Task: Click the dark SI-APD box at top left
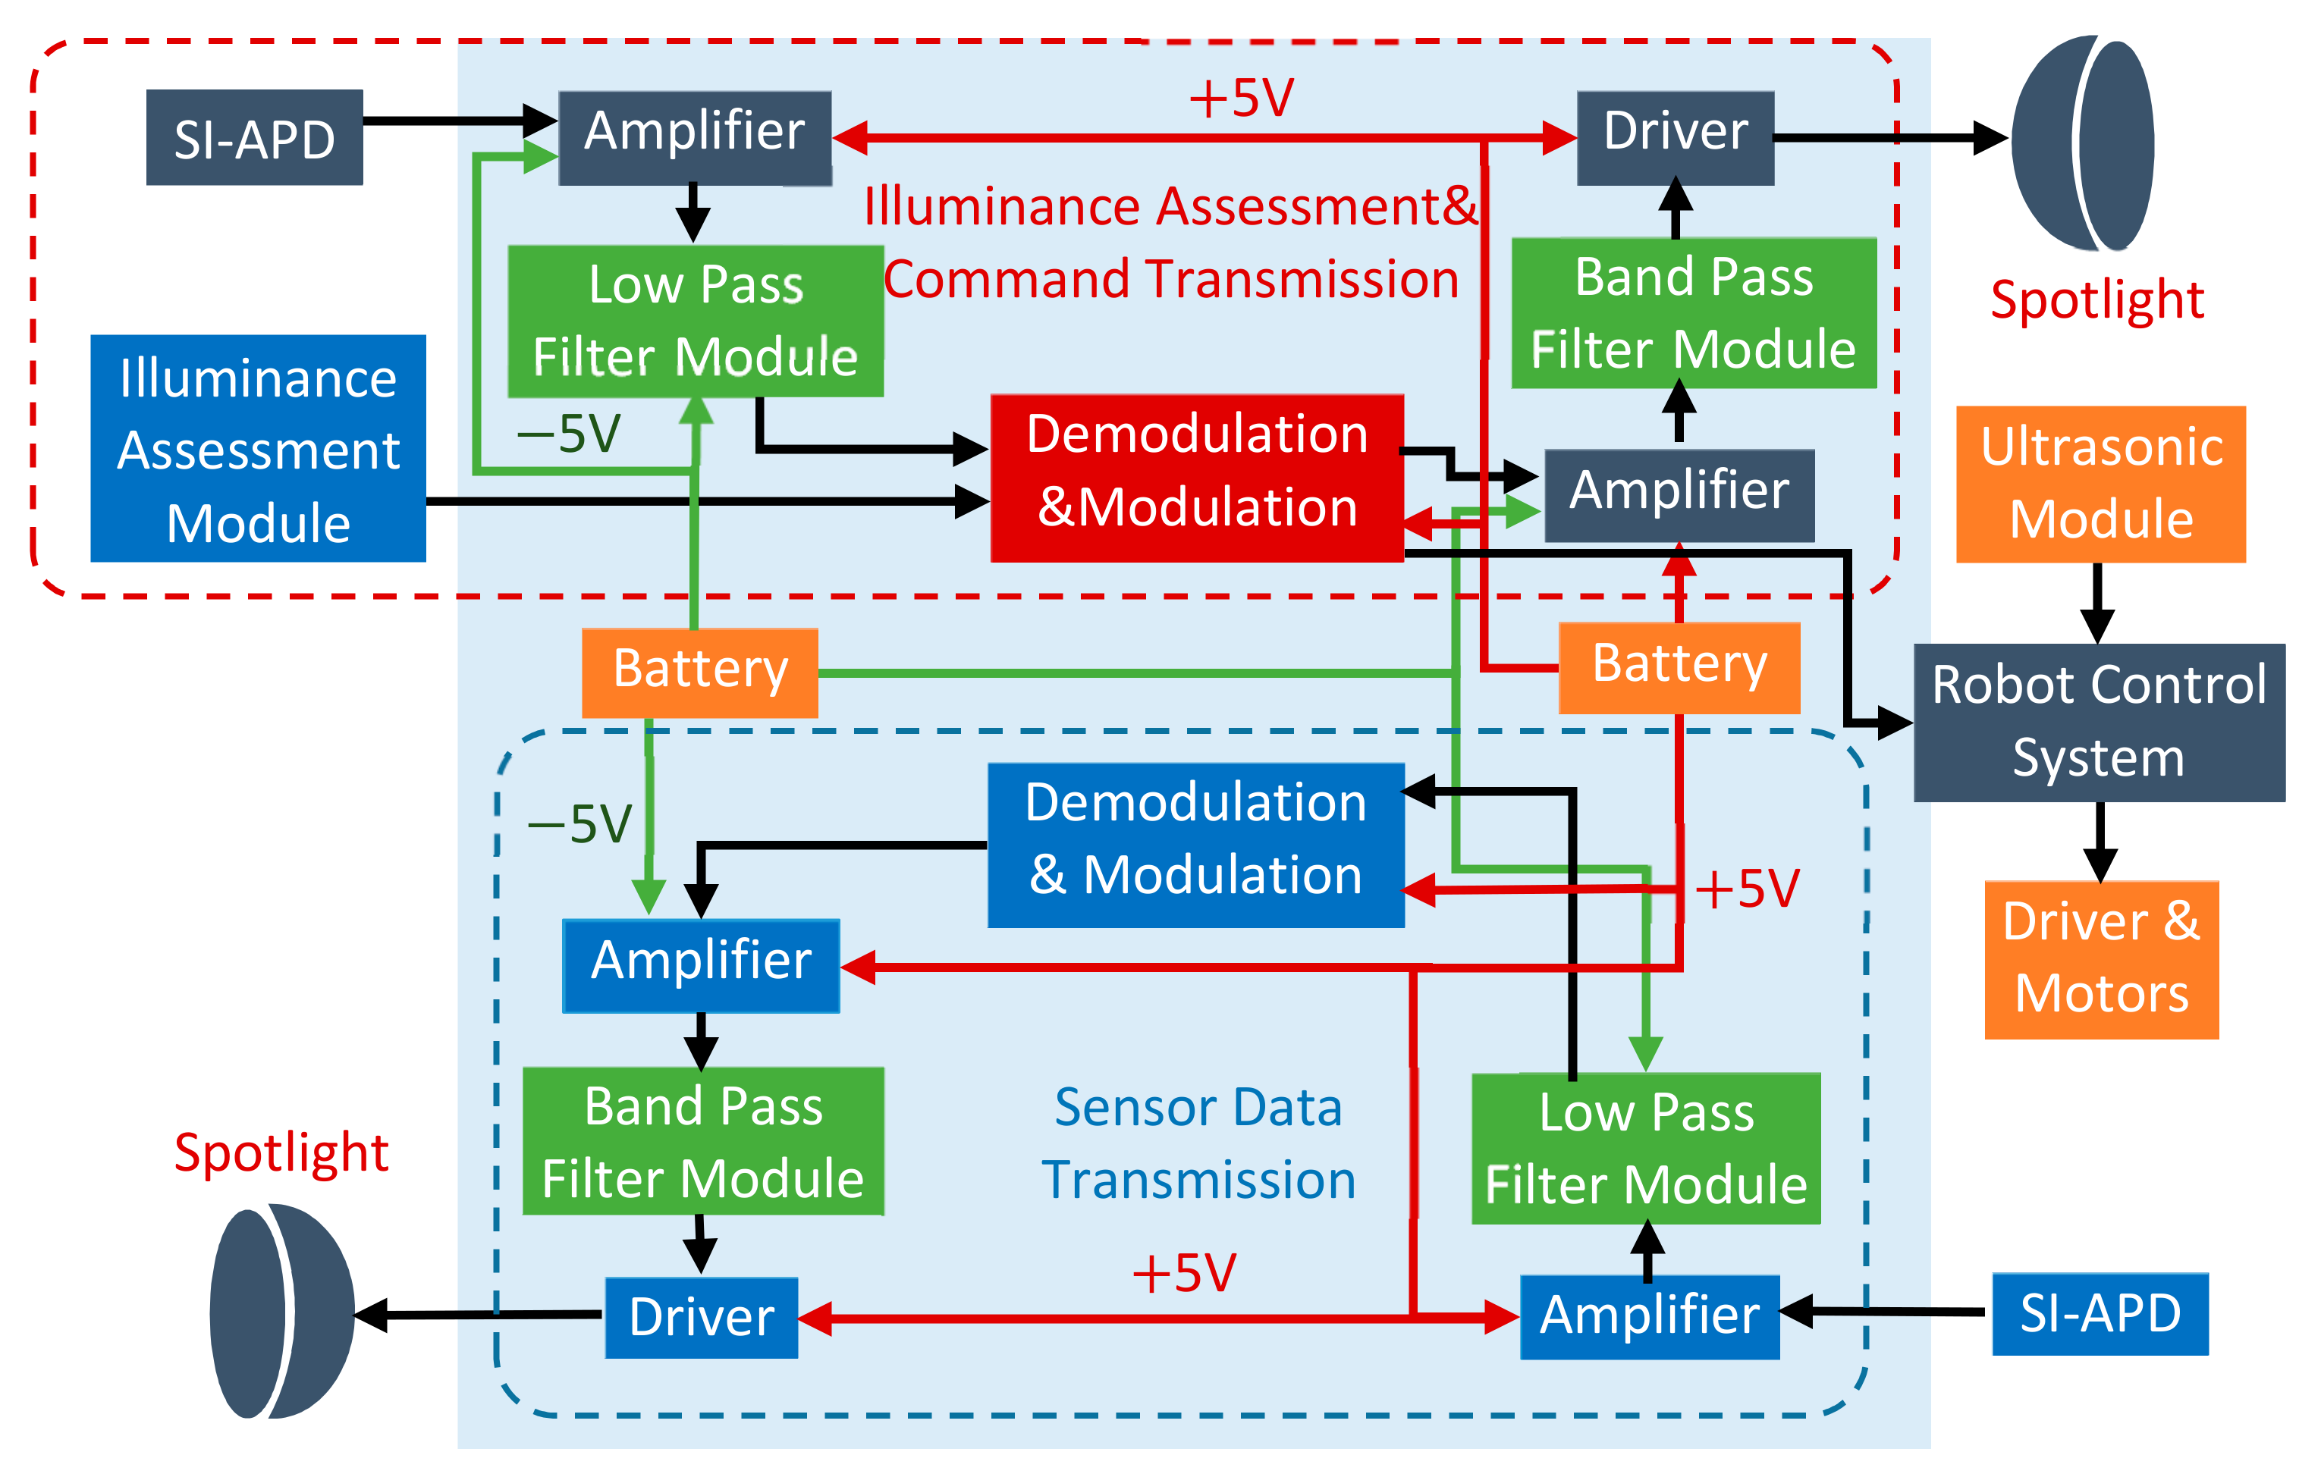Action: pyautogui.click(x=254, y=138)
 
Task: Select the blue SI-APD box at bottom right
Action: pyautogui.click(x=2100, y=1313)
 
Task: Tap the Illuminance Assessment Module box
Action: pyautogui.click(x=259, y=449)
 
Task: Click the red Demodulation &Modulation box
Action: pyautogui.click(x=1197, y=478)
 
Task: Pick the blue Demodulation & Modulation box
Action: pyautogui.click(x=1196, y=845)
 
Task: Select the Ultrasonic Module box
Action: pyautogui.click(x=2100, y=484)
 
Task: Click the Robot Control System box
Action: pyautogui.click(x=2098, y=723)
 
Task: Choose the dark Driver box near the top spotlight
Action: pyautogui.click(x=1676, y=138)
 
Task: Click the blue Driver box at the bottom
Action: pyautogui.click(x=701, y=1317)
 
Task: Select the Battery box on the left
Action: pyautogui.click(x=700, y=672)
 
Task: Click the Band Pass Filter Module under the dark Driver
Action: pyautogui.click(x=1694, y=313)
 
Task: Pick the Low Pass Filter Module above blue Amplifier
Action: pyautogui.click(x=1645, y=1149)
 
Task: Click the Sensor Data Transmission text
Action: pyautogui.click(x=1198, y=1143)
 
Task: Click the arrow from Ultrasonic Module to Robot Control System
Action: pyautogui.click(x=2097, y=603)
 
